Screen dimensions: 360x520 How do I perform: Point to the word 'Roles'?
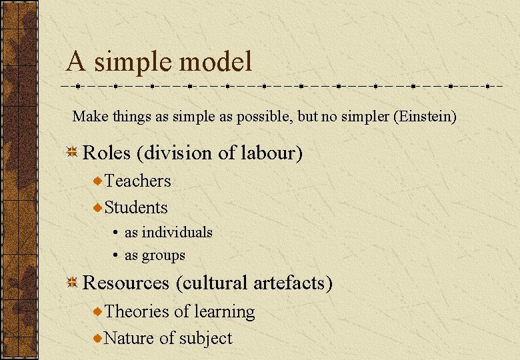pos(107,153)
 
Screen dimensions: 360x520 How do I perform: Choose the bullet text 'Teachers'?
pos(138,181)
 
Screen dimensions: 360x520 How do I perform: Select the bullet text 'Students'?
pos(136,207)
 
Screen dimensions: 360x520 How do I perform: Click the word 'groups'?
pos(163,255)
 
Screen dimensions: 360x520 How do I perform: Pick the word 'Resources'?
pos(126,283)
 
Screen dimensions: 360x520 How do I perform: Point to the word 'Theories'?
pos(137,311)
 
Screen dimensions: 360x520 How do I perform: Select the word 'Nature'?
pos(129,338)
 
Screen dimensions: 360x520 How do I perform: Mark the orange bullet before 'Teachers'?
pos(98,181)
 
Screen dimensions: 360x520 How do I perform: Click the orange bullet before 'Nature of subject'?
pos(98,339)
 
